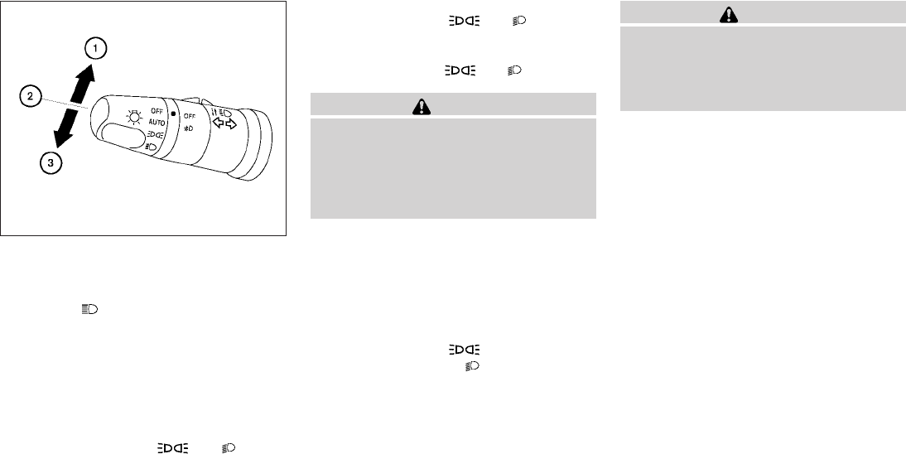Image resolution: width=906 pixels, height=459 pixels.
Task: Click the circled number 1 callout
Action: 95,48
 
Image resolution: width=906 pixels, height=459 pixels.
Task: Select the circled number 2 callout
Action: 31,95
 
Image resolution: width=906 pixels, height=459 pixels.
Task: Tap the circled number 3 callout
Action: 51,163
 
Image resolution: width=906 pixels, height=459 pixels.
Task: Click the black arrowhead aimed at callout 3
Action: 60,138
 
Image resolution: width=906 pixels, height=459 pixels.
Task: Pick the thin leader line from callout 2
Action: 64,102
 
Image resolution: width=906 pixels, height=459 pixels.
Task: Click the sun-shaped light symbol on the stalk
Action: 135,118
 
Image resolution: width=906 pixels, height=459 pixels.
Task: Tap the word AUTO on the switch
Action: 157,123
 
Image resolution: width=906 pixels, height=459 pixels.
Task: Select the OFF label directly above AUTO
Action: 157,110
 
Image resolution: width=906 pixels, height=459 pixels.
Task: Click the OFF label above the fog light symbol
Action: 190,116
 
